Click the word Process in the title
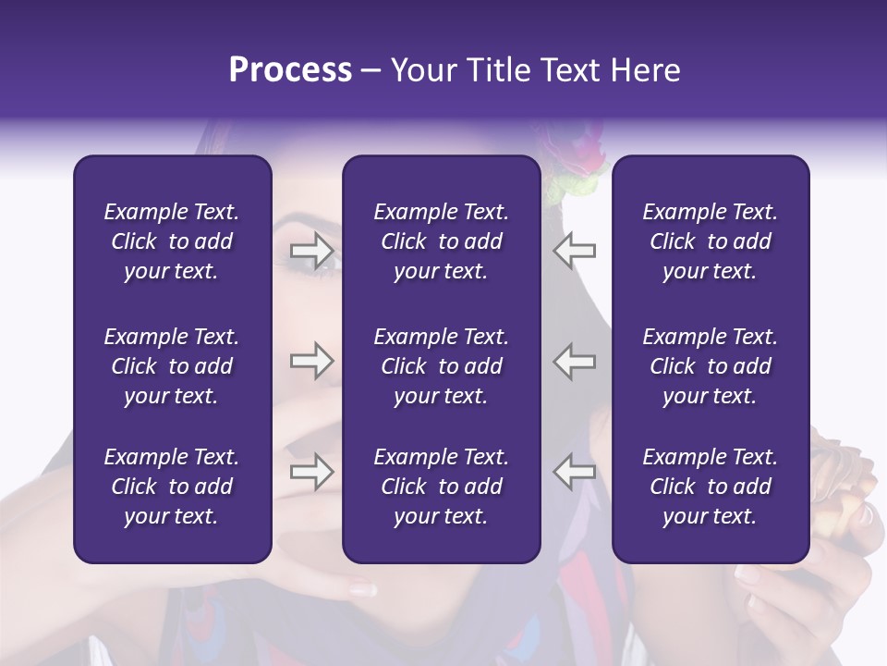point(290,70)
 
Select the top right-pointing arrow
point(311,249)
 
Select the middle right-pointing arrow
point(311,361)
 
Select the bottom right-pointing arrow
point(311,472)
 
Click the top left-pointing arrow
point(575,249)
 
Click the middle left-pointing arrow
point(575,361)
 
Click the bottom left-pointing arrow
point(575,472)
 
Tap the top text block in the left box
point(172,241)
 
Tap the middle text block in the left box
point(172,366)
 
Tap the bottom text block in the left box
point(172,487)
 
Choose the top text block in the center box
point(441,241)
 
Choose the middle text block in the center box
point(441,366)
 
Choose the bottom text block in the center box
point(441,487)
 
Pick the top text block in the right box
point(710,241)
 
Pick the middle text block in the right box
point(710,366)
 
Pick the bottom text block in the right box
point(710,487)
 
